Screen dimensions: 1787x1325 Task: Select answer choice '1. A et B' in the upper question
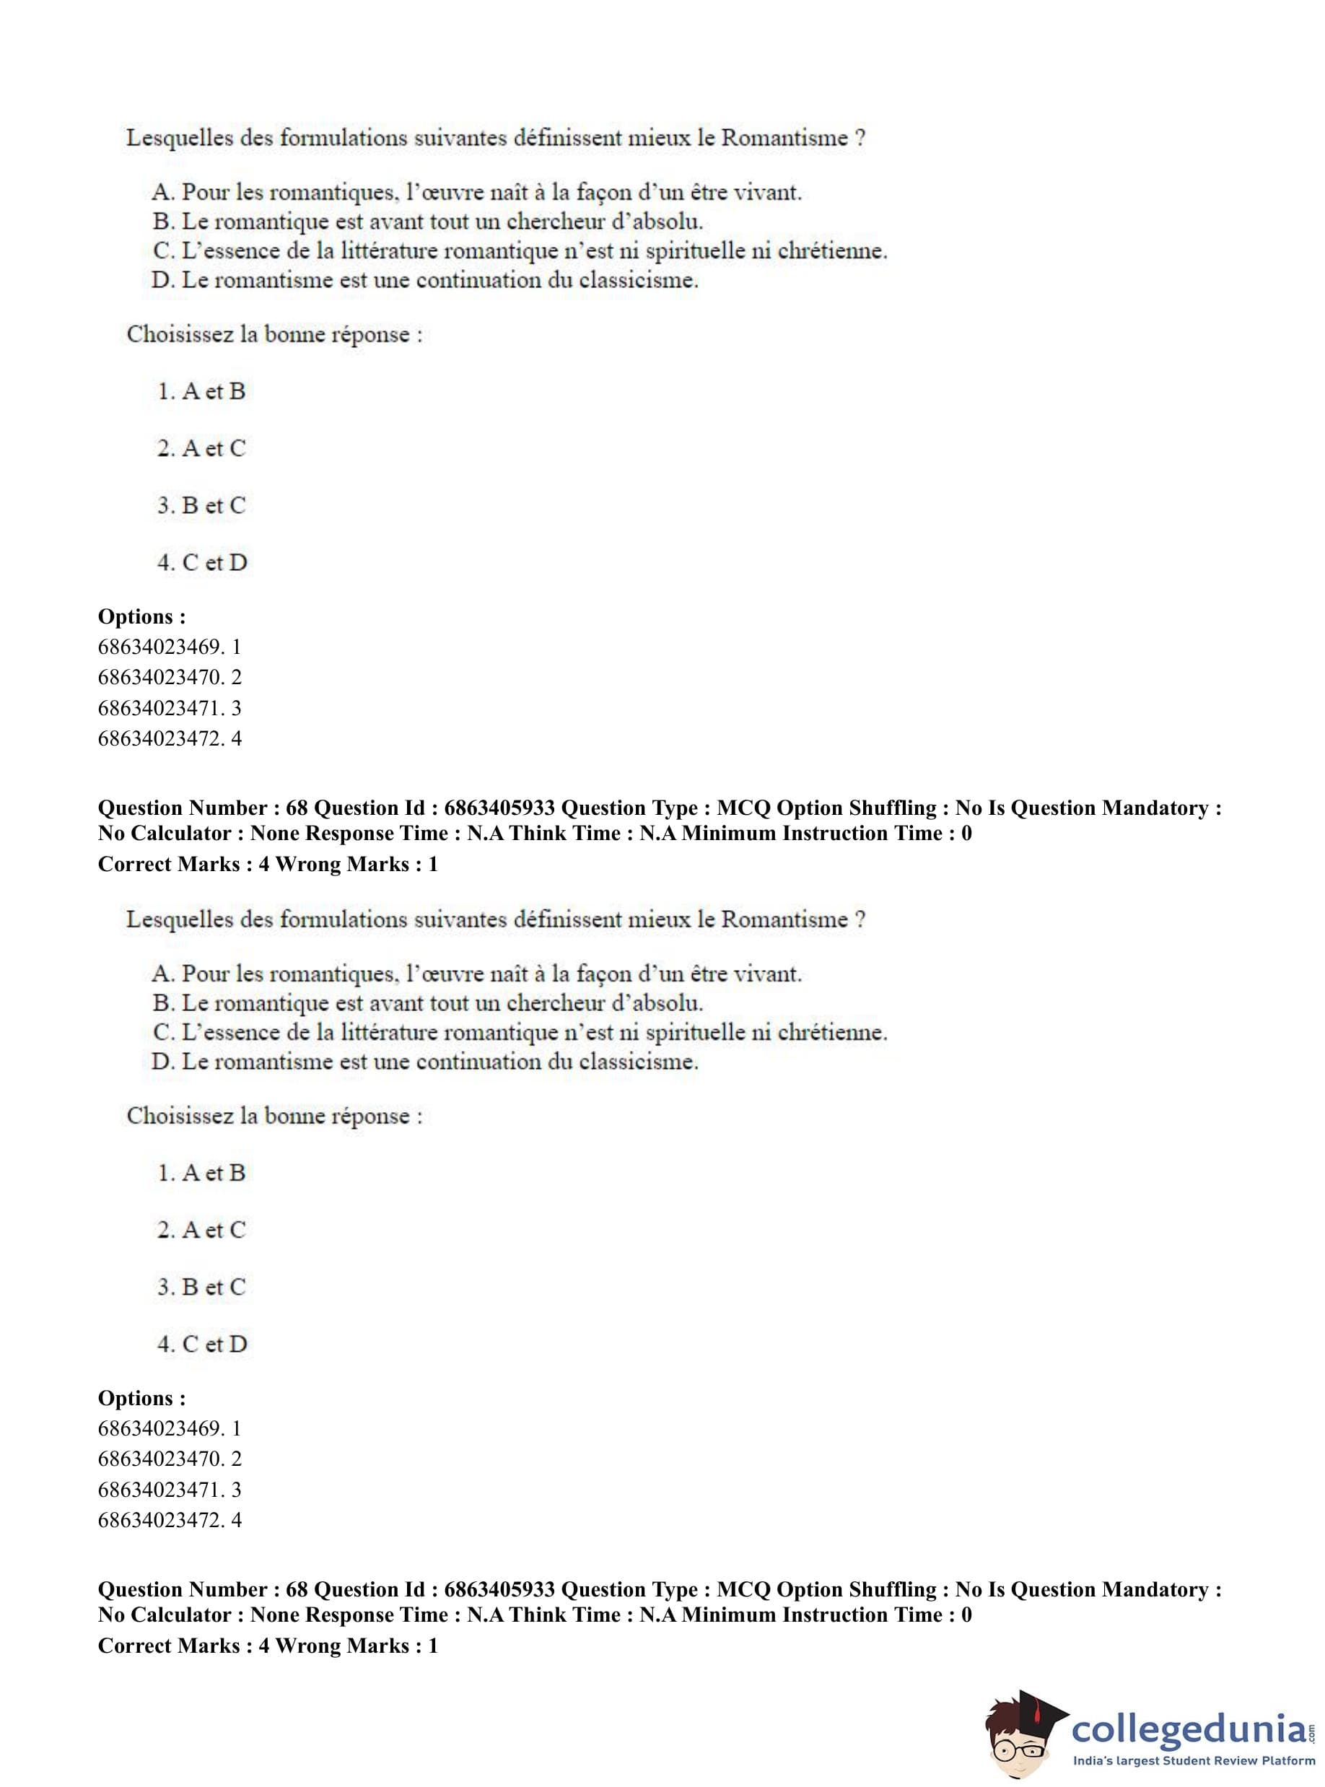[x=201, y=391]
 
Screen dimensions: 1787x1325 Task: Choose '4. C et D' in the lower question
[x=202, y=1345]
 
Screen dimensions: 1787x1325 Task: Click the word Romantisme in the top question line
[x=784, y=137]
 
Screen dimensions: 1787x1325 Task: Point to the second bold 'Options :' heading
[x=142, y=1398]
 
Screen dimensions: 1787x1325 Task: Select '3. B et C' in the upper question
[x=201, y=505]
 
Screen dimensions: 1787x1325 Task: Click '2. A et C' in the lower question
[x=201, y=1230]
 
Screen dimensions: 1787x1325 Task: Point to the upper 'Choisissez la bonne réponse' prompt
[x=274, y=334]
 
